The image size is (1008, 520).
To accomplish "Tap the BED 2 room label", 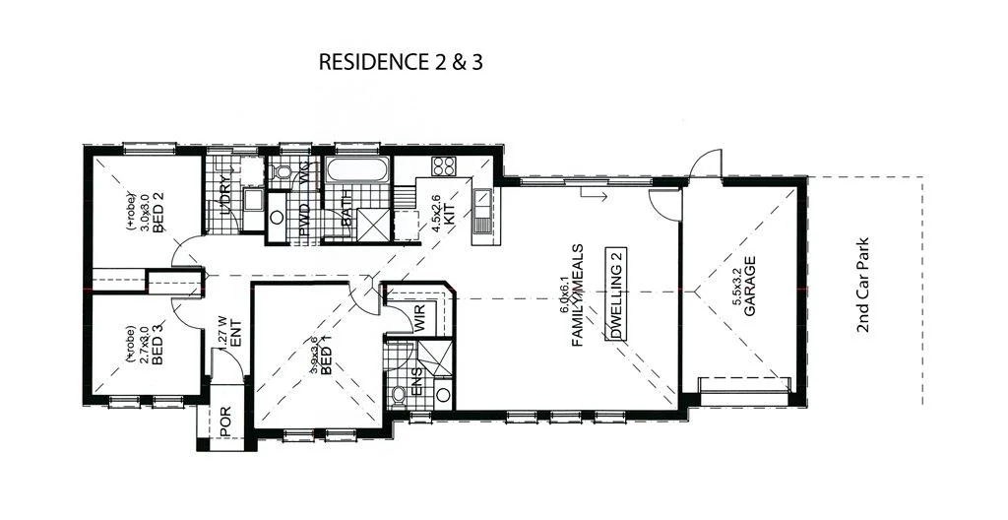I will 157,211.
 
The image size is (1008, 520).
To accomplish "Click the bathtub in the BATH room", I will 357,171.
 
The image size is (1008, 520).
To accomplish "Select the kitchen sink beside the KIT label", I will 482,211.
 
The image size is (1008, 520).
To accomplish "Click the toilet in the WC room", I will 283,174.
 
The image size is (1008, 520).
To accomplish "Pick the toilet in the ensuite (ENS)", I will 400,396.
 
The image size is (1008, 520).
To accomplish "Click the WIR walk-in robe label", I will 419,318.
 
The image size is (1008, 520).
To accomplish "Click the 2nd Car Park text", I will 864,285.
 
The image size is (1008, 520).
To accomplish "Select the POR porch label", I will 225,422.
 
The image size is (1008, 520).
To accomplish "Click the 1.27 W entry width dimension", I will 222,336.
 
